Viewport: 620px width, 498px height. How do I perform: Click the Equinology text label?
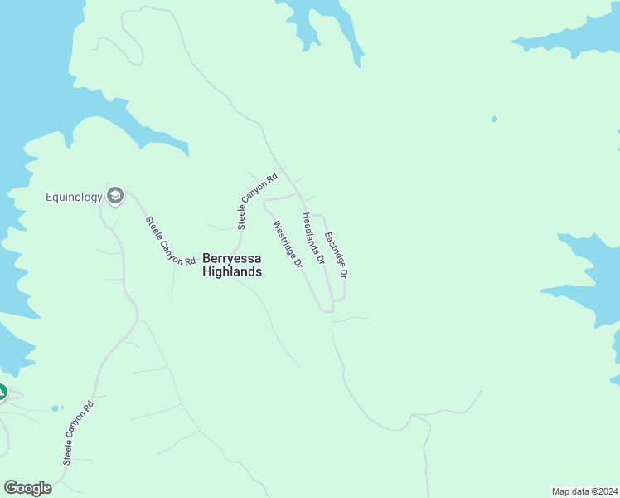point(74,197)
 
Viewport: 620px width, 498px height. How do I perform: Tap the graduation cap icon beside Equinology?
point(115,196)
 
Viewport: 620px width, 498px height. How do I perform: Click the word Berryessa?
point(232,258)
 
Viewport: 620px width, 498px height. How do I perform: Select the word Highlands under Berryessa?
point(232,271)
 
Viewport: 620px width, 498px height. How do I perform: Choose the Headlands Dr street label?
point(312,238)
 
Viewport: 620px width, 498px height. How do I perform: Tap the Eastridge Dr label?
point(335,254)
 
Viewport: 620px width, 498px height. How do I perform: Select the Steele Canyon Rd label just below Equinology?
point(164,241)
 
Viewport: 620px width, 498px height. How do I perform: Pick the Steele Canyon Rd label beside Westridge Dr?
point(256,201)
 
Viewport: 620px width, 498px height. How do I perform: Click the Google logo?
point(27,488)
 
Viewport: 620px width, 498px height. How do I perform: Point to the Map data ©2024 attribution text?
point(584,491)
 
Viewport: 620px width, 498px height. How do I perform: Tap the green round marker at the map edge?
point(2,392)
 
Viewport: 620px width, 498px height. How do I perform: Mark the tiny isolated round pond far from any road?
point(495,119)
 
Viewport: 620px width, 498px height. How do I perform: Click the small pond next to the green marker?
point(56,408)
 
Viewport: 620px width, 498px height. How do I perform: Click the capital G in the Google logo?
point(11,488)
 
